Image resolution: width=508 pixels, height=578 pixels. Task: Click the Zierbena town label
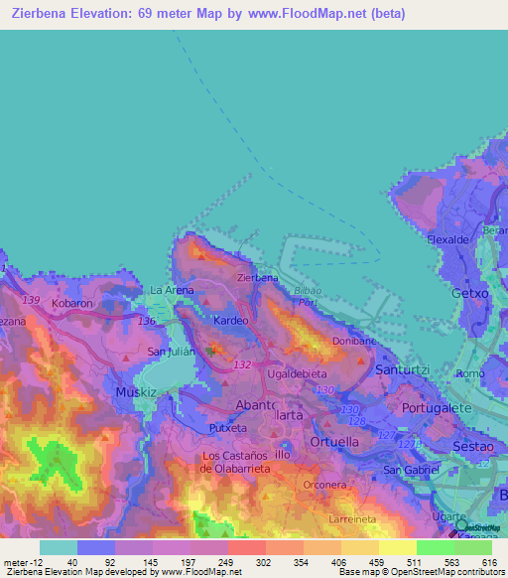[x=257, y=278]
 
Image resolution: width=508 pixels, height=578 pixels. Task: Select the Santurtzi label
[x=401, y=369]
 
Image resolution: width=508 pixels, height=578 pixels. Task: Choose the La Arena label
[x=171, y=290]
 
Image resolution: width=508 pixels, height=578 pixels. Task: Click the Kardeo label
[x=231, y=321]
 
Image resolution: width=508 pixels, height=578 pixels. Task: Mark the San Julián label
[x=170, y=353]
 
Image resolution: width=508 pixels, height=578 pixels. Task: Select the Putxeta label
[x=228, y=427]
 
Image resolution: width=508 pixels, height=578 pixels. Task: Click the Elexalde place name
[x=447, y=240]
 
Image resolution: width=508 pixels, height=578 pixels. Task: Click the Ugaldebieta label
[x=297, y=372]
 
